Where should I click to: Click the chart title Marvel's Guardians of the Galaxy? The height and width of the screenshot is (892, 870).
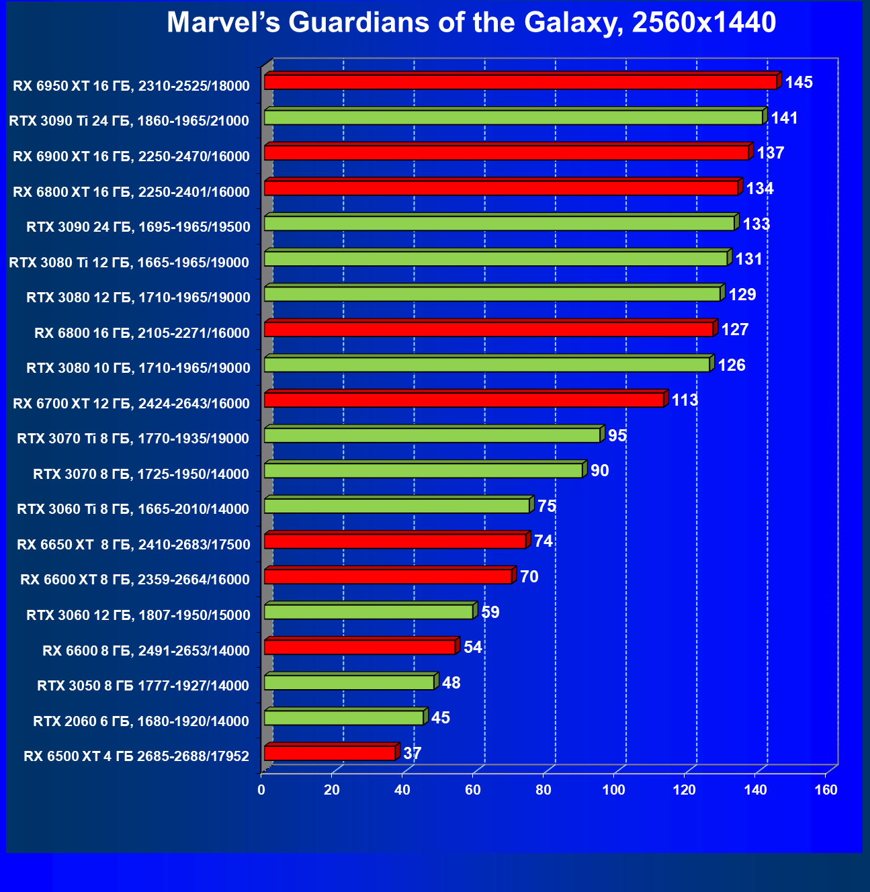(x=471, y=23)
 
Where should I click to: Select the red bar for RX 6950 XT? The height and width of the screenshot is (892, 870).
(x=520, y=82)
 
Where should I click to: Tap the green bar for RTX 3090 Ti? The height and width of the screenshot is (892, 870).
(x=513, y=118)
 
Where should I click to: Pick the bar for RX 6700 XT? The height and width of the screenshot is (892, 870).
(x=464, y=400)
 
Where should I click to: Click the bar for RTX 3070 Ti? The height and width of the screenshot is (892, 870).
(x=432, y=435)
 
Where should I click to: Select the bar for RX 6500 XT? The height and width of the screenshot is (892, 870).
(x=329, y=753)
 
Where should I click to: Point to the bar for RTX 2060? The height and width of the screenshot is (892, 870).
(x=343, y=718)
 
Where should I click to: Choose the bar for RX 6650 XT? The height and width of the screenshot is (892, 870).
(x=395, y=541)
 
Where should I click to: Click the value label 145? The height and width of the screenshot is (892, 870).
(x=799, y=83)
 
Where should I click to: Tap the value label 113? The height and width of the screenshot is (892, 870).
(x=685, y=400)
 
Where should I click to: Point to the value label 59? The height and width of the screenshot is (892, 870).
(x=490, y=612)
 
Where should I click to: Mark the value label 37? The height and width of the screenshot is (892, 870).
(x=412, y=753)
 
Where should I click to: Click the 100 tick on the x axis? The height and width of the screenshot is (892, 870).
(x=613, y=790)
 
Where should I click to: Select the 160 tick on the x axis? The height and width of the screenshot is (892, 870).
(x=826, y=790)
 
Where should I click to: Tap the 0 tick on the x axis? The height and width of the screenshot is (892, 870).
(x=261, y=790)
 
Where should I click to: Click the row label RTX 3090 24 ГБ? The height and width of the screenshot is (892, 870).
(x=138, y=227)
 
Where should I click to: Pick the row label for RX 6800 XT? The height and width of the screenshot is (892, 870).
(x=132, y=192)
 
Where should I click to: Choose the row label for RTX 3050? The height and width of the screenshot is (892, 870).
(x=143, y=686)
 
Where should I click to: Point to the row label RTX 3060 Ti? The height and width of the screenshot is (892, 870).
(x=133, y=509)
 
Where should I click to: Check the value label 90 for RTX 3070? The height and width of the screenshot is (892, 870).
(x=599, y=471)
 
